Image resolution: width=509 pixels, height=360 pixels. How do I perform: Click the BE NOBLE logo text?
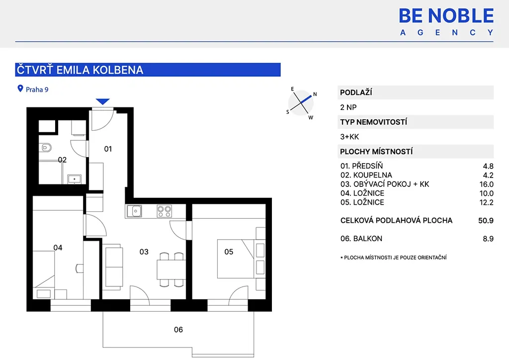446,15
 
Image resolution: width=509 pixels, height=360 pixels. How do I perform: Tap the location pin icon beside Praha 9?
20,89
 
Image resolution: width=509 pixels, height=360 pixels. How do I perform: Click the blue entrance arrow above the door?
102,101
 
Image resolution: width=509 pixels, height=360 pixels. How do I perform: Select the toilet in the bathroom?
46,148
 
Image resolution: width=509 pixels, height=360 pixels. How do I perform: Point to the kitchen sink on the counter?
134,211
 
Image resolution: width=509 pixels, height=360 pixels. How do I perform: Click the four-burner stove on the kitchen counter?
164,211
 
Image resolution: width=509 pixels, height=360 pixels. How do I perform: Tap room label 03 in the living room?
144,252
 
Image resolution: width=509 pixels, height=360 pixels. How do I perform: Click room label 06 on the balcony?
178,330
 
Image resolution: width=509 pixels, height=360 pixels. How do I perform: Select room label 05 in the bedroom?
229,252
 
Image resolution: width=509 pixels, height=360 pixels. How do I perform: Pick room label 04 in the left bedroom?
58,248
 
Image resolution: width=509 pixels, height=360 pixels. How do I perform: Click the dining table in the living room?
171,270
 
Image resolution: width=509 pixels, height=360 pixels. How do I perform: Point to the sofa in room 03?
114,267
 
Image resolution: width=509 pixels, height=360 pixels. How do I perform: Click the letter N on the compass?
315,94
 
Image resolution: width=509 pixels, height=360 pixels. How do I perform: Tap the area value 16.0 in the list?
486,184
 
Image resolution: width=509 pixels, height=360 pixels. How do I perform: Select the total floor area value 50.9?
486,221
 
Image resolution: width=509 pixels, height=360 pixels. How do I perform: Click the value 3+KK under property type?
349,137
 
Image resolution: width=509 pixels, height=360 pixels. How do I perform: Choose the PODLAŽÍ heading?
356,92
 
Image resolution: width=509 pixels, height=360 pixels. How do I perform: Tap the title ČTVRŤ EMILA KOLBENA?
80,70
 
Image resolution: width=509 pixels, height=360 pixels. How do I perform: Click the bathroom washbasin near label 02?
75,179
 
